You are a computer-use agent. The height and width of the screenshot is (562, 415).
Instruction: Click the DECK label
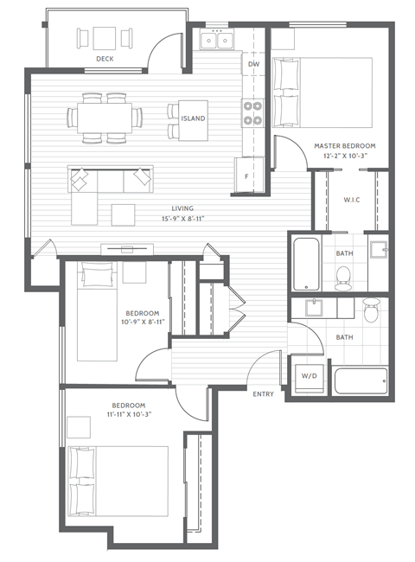pos(105,59)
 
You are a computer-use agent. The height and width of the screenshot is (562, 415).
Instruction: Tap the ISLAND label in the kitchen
pos(193,118)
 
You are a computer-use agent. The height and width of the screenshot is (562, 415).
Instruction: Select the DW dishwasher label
pos(253,65)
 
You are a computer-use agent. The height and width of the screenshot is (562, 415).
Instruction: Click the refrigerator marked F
pos(247,176)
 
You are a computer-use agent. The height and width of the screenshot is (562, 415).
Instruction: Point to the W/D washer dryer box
pos(307,376)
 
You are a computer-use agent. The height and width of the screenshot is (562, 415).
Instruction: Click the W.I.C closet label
pos(351,201)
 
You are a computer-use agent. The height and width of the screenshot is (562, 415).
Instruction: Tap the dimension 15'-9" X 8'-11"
pos(182,217)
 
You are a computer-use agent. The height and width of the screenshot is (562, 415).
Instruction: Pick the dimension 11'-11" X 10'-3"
pos(128,414)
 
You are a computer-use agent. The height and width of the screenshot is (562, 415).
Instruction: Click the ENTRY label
pos(263,393)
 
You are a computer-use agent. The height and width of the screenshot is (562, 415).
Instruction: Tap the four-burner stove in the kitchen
pos(252,113)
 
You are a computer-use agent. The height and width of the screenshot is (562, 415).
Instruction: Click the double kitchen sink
pos(216,40)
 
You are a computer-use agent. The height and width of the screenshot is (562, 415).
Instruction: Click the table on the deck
pos(105,38)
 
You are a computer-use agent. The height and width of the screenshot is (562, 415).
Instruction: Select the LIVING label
pos(182,208)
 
